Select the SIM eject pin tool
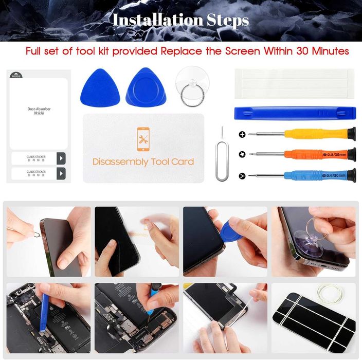click(x=221, y=154)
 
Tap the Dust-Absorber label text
click(x=39, y=110)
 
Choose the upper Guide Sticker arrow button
click(x=61, y=158)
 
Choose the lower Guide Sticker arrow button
click(x=61, y=173)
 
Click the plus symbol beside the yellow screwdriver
click(x=242, y=135)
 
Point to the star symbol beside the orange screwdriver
click(x=242, y=154)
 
